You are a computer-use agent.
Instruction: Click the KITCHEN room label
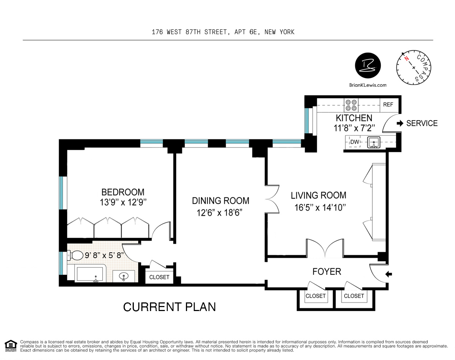[354, 118]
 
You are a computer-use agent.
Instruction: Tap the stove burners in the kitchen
[351, 105]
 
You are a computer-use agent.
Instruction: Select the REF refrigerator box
[388, 105]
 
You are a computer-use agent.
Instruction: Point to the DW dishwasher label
[355, 142]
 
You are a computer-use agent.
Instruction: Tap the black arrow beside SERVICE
[400, 123]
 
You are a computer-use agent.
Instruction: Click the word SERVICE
[422, 123]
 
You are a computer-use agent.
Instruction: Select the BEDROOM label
[123, 192]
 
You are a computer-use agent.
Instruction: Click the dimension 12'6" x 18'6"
[219, 213]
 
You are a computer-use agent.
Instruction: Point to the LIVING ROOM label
[318, 195]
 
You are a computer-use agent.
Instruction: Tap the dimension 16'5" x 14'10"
[320, 207]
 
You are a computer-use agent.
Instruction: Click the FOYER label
[327, 271]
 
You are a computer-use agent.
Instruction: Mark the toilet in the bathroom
[76, 256]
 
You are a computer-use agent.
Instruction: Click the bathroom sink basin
[124, 276]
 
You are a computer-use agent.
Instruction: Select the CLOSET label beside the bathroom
[159, 277]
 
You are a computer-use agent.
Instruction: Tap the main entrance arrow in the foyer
[388, 274]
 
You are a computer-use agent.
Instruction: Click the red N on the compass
[406, 58]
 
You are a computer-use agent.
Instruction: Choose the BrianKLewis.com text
[368, 85]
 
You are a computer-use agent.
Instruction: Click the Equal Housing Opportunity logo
[11, 346]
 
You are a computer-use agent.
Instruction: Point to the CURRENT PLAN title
[169, 307]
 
